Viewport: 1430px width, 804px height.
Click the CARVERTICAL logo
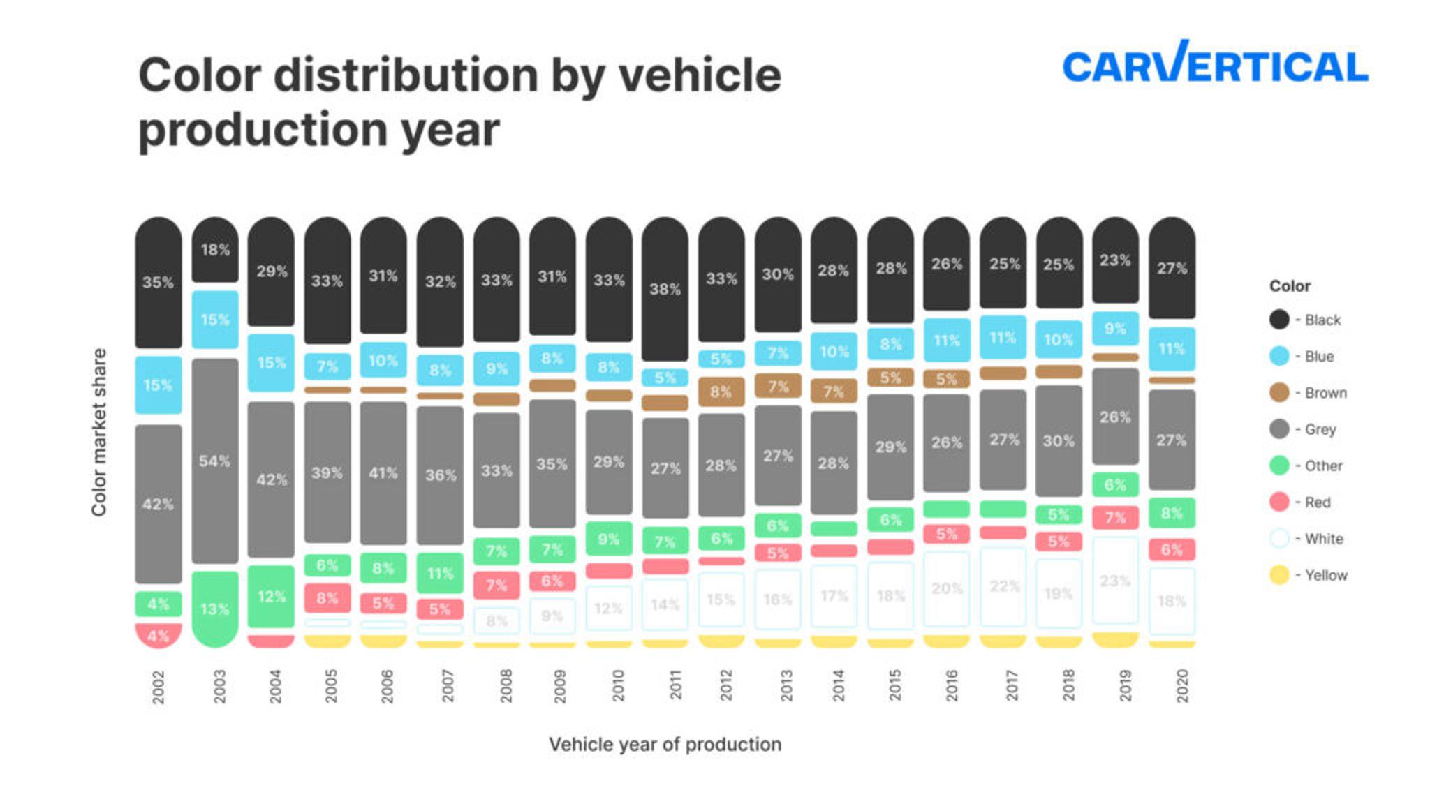tap(1214, 64)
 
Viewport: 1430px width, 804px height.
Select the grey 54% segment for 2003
tap(214, 461)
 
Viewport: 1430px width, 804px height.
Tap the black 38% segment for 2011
tap(665, 288)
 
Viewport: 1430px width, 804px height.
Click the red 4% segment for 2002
tap(158, 635)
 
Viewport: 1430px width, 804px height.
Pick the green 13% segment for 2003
tap(214, 609)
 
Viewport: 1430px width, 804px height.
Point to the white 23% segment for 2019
tap(1114, 580)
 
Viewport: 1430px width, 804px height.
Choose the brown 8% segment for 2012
tap(721, 392)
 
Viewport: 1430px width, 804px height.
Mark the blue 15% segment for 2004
tap(271, 362)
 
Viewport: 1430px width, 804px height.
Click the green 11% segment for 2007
tap(440, 573)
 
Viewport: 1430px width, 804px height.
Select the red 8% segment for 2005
tap(327, 597)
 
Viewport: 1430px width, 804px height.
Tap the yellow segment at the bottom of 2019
tap(1114, 639)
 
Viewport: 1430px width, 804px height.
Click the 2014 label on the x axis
tap(838, 685)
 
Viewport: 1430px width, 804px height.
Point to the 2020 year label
tap(1181, 685)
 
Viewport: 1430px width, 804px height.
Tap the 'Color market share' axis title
tap(99, 432)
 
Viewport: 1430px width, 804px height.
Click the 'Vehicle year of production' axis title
tap(665, 744)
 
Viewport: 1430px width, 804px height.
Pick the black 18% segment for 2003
tap(214, 250)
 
